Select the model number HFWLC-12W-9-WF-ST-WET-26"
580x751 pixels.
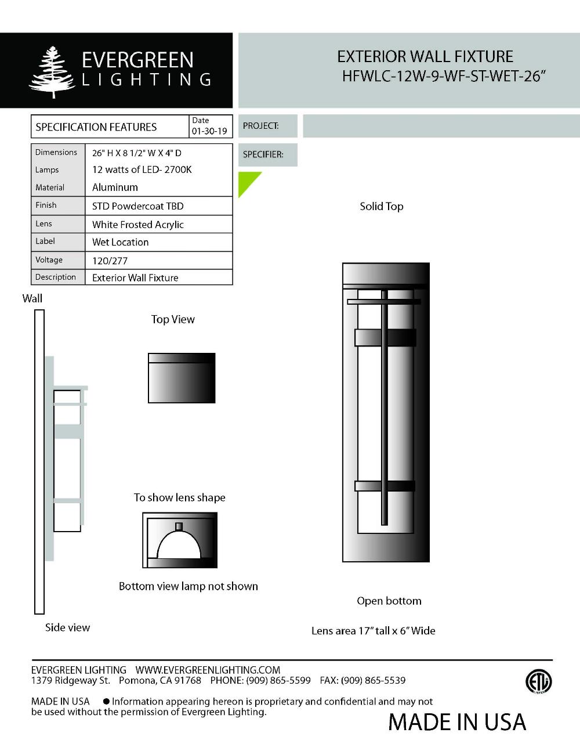pyautogui.click(x=444, y=77)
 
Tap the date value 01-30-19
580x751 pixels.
pyautogui.click(x=209, y=131)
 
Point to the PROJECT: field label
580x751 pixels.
pyautogui.click(x=260, y=126)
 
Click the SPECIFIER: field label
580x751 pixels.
pyautogui.click(x=263, y=155)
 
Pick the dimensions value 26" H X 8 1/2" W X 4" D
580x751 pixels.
pyautogui.click(x=137, y=153)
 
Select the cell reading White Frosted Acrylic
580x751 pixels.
pyautogui.click(x=138, y=225)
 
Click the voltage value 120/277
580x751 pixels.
pyautogui.click(x=110, y=261)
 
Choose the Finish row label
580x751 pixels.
pyautogui.click(x=46, y=205)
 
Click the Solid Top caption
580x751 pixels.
pyautogui.click(x=381, y=207)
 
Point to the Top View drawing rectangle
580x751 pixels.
pyautogui.click(x=182, y=378)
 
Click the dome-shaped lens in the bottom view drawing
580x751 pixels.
pyautogui.click(x=179, y=544)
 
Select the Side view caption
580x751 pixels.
pyautogui.click(x=67, y=627)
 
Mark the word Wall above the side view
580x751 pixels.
pyautogui.click(x=32, y=298)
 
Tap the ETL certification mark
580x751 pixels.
pyautogui.click(x=538, y=681)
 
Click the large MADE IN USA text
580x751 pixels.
pyautogui.click(x=457, y=722)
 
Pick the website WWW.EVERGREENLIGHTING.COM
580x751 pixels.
pyautogui.click(x=208, y=670)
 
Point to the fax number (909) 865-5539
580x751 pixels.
pyautogui.click(x=373, y=680)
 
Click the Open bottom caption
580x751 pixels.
pyautogui.click(x=389, y=601)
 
